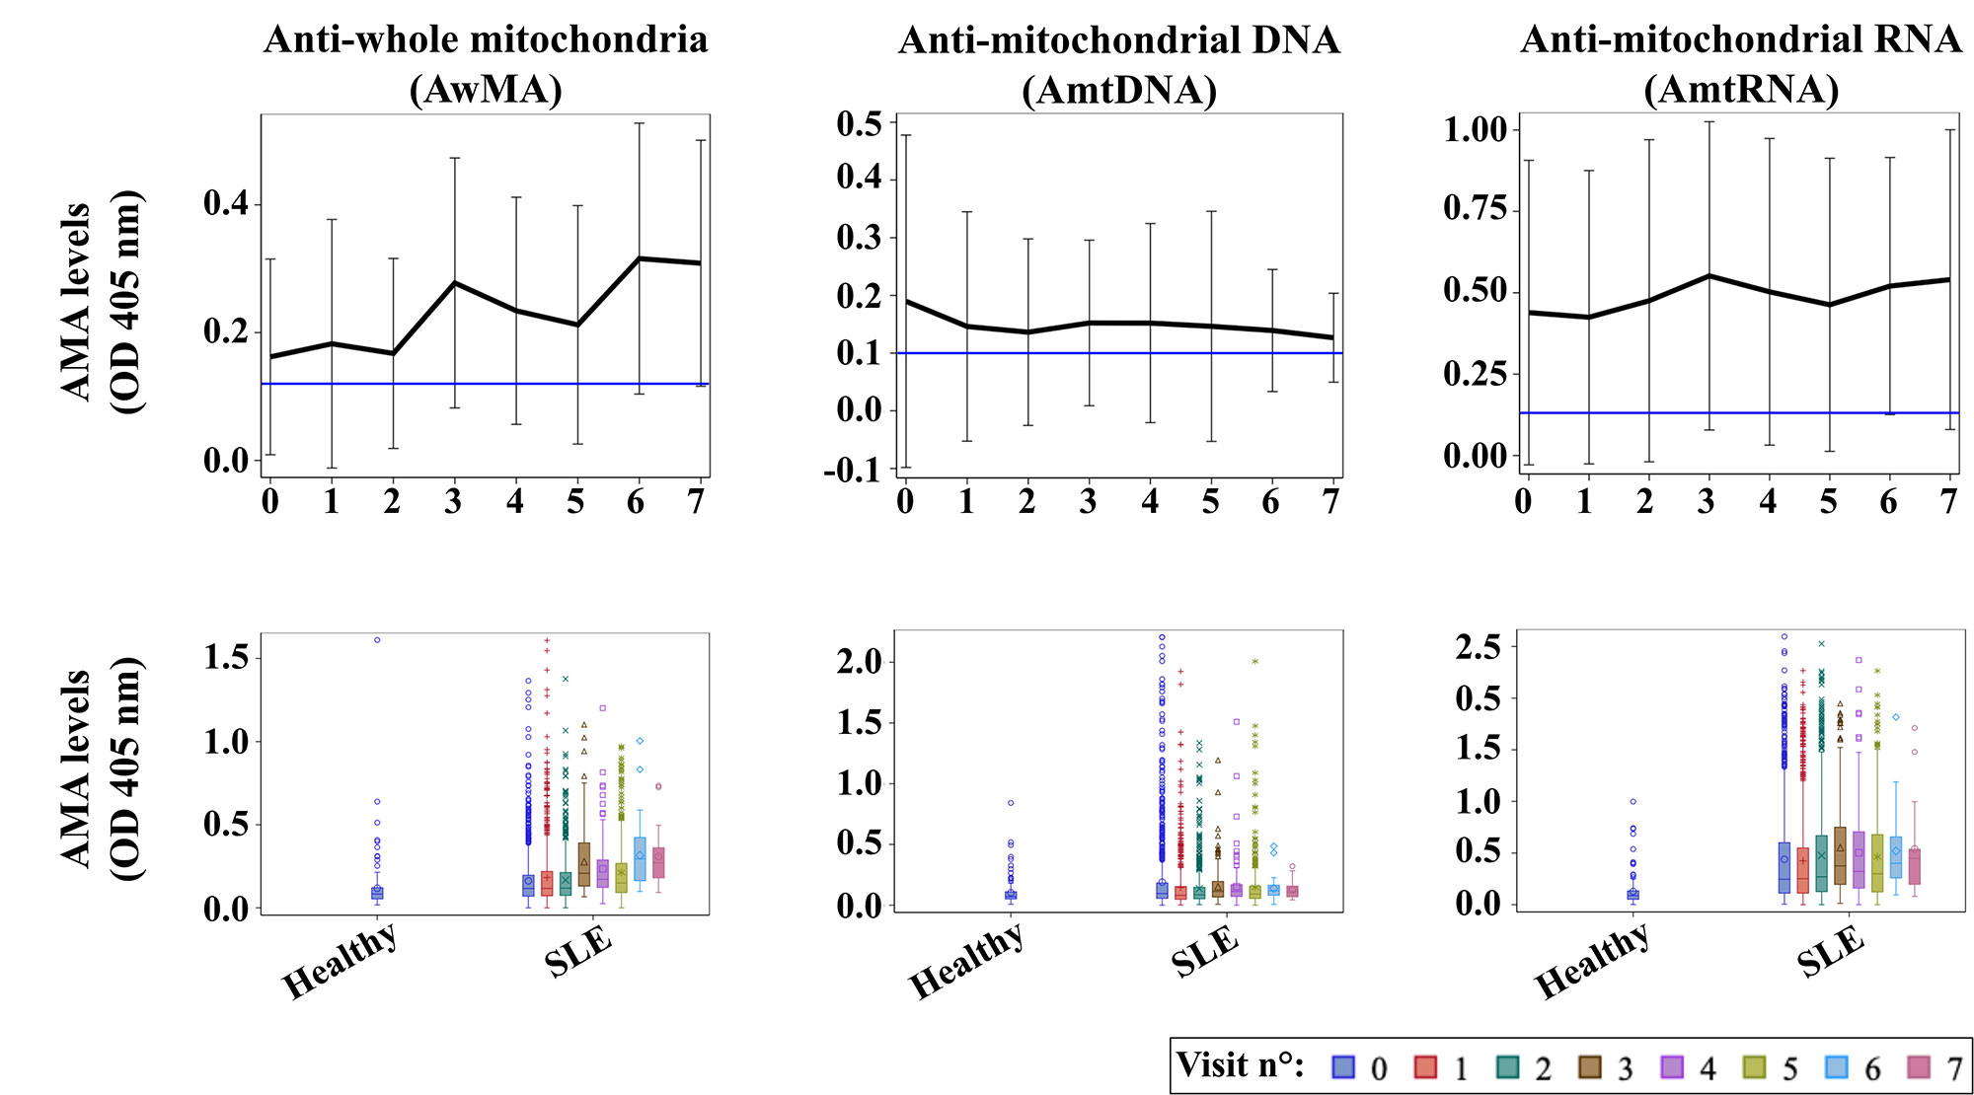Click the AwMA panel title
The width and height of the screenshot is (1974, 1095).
(486, 65)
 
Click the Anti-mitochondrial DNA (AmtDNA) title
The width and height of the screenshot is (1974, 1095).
(1119, 65)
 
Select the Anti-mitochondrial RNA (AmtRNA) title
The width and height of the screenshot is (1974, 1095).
(1741, 65)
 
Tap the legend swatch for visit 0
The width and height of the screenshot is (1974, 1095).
(1342, 1066)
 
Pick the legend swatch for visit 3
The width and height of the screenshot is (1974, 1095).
(1589, 1066)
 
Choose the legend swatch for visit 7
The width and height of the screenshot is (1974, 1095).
(1918, 1066)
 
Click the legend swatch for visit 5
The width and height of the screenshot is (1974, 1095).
(1754, 1066)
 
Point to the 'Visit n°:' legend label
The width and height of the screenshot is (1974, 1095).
(1240, 1065)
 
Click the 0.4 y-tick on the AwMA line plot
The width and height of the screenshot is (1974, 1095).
(226, 204)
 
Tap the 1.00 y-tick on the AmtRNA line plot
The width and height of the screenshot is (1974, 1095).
(1476, 129)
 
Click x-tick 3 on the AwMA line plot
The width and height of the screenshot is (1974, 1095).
(453, 502)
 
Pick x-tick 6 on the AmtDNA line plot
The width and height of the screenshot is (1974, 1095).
(1271, 502)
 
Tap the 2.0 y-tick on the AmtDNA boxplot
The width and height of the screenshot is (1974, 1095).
(859, 662)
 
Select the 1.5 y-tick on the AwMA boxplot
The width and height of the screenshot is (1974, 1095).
(226, 658)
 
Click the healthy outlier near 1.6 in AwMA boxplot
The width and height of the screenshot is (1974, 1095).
(377, 640)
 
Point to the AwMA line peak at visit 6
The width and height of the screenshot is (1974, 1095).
(640, 258)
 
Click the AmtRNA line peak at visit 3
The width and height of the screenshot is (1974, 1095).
(1708, 275)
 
